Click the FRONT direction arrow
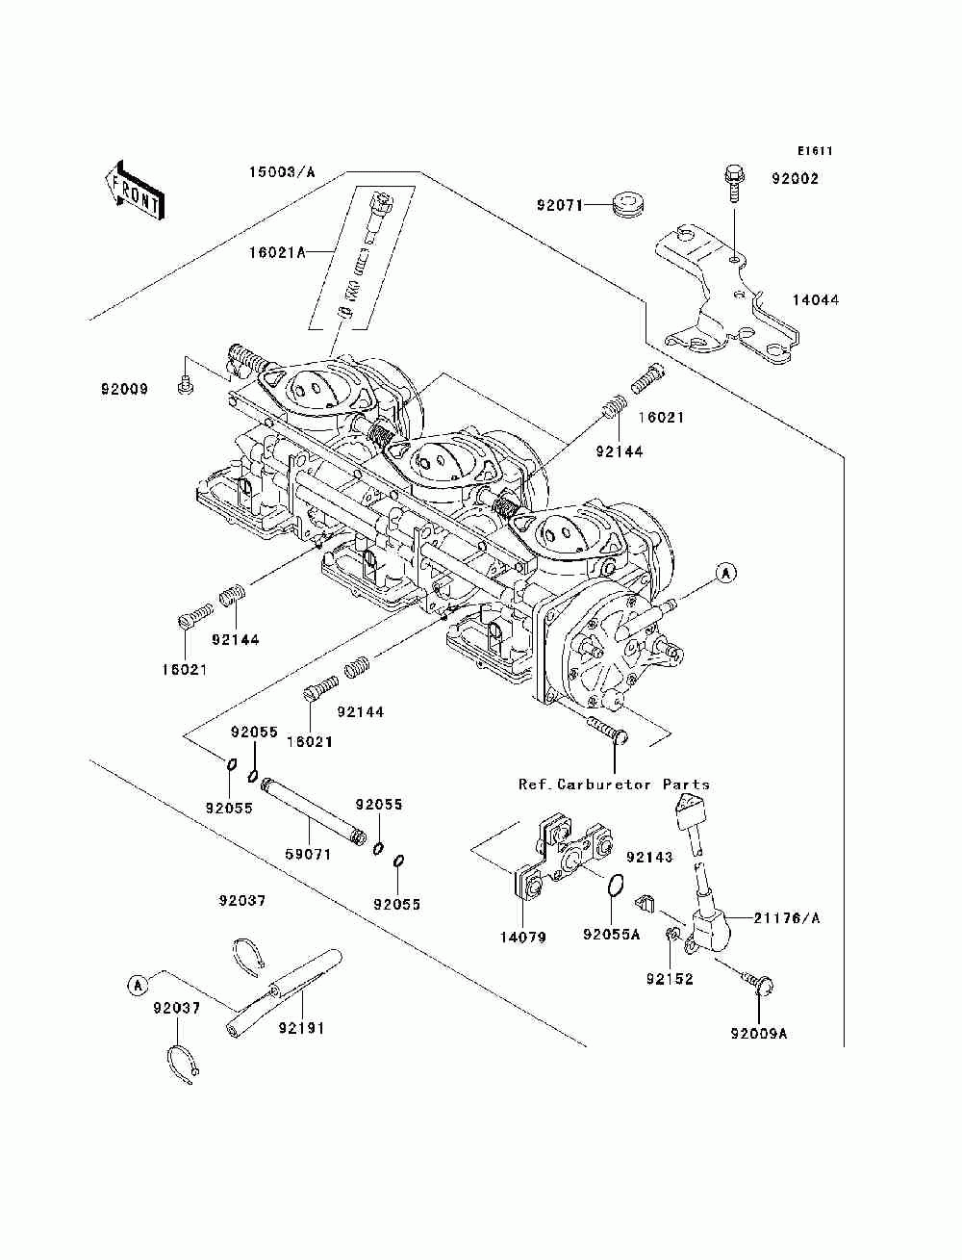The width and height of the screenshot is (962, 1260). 135,188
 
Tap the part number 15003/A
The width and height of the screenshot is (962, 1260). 282,172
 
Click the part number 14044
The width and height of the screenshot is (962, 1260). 815,300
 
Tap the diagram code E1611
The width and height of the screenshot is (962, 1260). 814,151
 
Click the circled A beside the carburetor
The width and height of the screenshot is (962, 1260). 726,573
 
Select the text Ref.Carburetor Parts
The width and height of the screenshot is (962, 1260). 614,784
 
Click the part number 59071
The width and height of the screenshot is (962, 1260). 308,854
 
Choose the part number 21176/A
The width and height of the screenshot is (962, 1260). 786,918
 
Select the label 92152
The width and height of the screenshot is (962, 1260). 670,980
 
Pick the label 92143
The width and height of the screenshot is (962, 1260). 649,857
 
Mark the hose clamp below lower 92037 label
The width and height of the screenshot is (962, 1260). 182,1064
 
